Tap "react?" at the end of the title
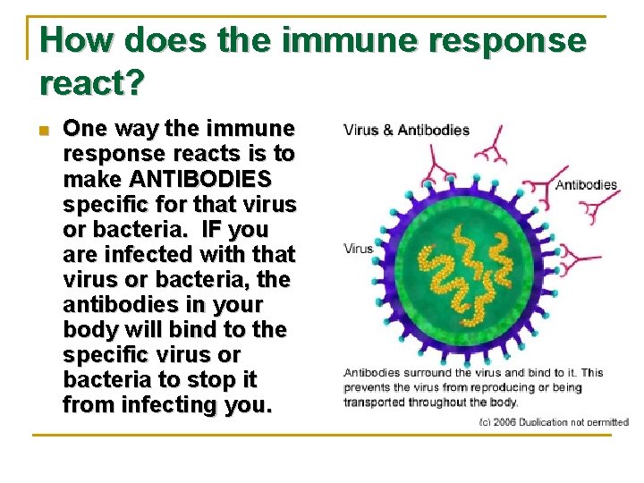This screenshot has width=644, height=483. point(92,83)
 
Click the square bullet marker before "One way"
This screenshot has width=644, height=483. point(45,129)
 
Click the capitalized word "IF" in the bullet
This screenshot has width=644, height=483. point(218,229)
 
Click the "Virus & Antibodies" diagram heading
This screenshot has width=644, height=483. point(406,130)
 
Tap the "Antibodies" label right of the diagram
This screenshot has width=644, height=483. point(586,185)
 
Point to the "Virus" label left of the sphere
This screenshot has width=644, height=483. point(359,248)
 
